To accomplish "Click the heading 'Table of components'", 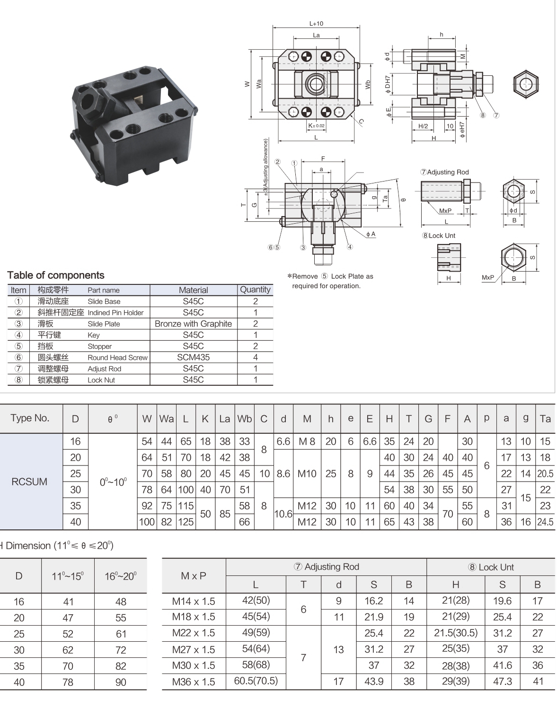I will [56, 275].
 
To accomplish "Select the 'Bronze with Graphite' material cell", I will [193, 324].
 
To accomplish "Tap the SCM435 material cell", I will [193, 357].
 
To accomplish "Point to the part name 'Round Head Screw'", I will [117, 358].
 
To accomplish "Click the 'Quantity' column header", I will [255, 290].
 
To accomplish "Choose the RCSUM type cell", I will [29, 482].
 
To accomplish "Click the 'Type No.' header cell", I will [30, 418].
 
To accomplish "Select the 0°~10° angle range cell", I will [113, 482].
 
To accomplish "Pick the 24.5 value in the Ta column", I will [545, 522].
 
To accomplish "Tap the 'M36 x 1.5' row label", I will [194, 682].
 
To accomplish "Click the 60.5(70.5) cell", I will [256, 681].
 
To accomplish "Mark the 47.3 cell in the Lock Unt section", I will [502, 682].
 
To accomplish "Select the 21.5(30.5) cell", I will [455, 633].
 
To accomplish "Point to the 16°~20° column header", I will [121, 576].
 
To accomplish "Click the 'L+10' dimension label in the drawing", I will [316, 23].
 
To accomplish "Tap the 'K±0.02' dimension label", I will [317, 126].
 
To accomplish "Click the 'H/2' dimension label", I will [423, 126].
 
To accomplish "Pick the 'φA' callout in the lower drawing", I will [371, 234].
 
